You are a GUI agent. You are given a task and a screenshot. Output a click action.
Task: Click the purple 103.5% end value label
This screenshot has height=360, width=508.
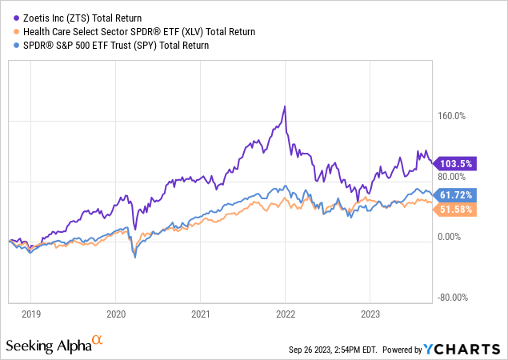pos(457,163)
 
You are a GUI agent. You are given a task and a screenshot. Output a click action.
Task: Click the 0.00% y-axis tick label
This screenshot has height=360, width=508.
pos(451,237)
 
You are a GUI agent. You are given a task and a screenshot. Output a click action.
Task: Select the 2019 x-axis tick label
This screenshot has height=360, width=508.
pos(32,315)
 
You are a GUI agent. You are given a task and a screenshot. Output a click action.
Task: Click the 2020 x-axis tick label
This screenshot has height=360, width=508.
pos(116,315)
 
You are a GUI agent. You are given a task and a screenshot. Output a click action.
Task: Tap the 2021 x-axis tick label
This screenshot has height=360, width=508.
pos(201,315)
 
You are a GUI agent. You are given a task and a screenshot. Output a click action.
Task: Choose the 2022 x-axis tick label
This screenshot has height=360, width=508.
pos(286,315)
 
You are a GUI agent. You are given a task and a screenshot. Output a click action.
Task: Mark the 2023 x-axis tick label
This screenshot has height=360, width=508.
pos(370,315)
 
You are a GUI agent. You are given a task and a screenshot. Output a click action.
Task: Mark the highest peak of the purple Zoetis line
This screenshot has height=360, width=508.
pos(284,106)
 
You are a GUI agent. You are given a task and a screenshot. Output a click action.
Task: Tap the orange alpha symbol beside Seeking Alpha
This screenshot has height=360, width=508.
pos(98,340)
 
